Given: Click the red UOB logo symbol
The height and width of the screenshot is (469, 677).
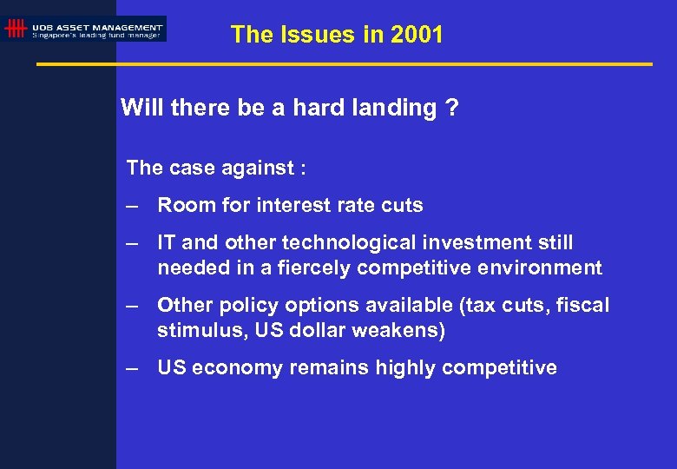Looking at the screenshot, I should pyautogui.click(x=15, y=30).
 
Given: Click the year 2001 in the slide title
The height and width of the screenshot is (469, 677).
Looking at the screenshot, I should pyautogui.click(x=417, y=36).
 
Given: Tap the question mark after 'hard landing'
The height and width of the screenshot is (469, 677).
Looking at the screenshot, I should pyautogui.click(x=453, y=109).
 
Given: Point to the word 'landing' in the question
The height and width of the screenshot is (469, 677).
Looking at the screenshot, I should pyautogui.click(x=395, y=109).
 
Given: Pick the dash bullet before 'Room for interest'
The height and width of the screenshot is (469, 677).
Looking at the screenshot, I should pyautogui.click(x=132, y=207).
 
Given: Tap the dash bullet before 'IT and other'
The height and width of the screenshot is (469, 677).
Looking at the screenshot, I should pyautogui.click(x=132, y=244).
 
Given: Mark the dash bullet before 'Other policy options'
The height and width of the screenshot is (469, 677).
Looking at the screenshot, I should pyautogui.click(x=132, y=307).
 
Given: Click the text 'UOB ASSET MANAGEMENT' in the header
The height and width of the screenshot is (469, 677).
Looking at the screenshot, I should pyautogui.click(x=97, y=25).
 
